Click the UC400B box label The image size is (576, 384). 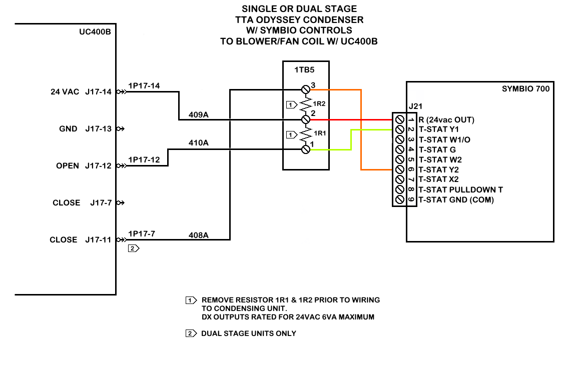click(95, 32)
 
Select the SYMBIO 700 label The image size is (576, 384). click(525, 89)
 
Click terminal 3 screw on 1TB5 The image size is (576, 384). click(306, 89)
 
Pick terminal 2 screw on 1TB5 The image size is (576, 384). click(306, 120)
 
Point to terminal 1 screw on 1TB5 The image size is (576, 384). click(306, 149)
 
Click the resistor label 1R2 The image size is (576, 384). click(319, 104)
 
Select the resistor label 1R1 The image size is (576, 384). click(319, 134)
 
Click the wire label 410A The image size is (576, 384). click(198, 143)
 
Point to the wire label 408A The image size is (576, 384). click(198, 234)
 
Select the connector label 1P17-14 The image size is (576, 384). click(144, 86)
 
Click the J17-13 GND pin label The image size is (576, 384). click(98, 129)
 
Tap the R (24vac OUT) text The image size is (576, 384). click(446, 119)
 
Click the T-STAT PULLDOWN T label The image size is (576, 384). click(460, 189)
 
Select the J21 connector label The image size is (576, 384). click(415, 106)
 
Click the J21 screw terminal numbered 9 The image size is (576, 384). click(399, 199)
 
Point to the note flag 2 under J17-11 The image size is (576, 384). click(133, 248)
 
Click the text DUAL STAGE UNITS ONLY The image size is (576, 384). click(248, 333)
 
